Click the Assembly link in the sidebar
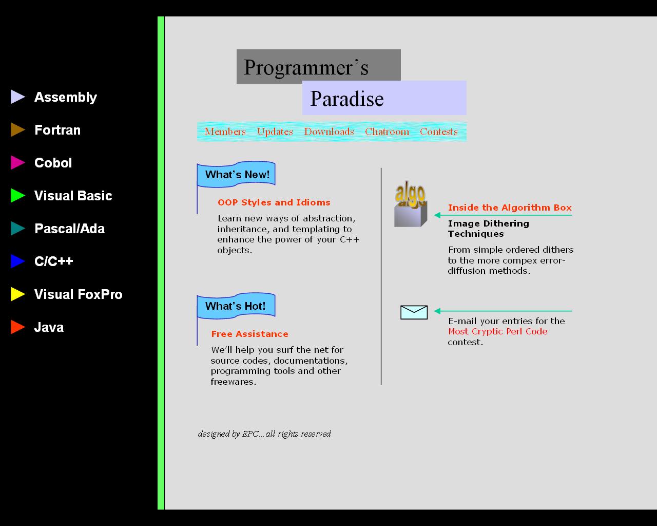click(65, 97)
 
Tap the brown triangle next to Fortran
click(17, 130)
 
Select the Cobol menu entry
click(53, 163)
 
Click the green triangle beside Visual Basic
click(17, 196)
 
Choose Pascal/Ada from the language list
click(69, 229)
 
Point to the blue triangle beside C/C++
click(17, 261)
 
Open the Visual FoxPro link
click(78, 294)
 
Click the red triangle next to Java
click(17, 327)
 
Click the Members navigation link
click(225, 131)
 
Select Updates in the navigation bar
click(275, 131)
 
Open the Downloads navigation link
click(329, 131)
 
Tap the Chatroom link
click(387, 131)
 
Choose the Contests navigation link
click(438, 131)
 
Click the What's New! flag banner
click(237, 175)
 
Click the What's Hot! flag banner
click(236, 306)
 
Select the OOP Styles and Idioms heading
click(274, 202)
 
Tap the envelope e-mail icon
click(414, 312)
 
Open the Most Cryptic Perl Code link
click(497, 331)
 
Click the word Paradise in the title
click(347, 99)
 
